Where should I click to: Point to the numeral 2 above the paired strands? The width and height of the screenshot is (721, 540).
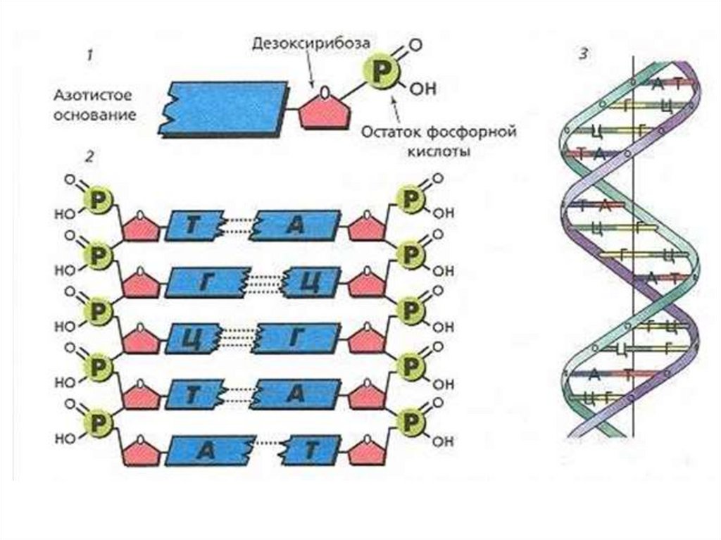pos(89,157)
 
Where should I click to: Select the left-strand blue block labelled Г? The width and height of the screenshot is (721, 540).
pos(208,282)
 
